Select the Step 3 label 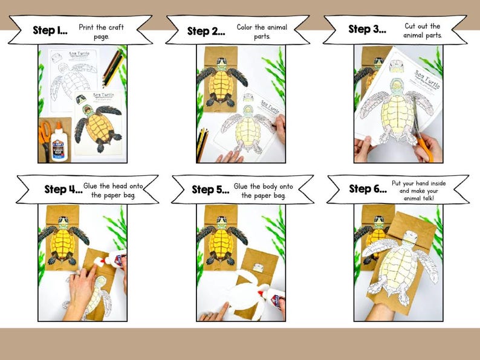coord(367,29)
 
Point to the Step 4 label coord(63,189)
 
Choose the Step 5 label coord(210,190)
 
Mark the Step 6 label coord(368,188)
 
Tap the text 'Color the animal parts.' coord(262,31)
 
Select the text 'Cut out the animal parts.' coord(423,30)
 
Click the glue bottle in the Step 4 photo coord(115,260)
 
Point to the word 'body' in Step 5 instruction coord(269,186)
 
